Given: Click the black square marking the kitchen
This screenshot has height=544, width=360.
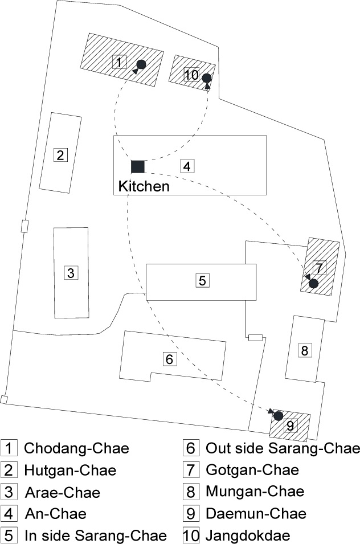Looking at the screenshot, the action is pyautogui.click(x=138, y=166).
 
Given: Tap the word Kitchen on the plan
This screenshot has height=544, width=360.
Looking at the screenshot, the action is pyautogui.click(x=144, y=186).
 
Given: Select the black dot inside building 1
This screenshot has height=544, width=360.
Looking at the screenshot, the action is pyautogui.click(x=141, y=64).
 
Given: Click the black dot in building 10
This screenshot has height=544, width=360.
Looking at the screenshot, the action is pyautogui.click(x=207, y=78).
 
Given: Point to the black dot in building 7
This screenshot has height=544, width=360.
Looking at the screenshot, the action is pyautogui.click(x=313, y=284).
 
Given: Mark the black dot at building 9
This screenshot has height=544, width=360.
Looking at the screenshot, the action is pyautogui.click(x=279, y=416).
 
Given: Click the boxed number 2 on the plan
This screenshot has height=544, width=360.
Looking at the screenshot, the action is pyautogui.click(x=60, y=155).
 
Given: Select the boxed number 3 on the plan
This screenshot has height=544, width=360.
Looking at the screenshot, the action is pyautogui.click(x=71, y=273).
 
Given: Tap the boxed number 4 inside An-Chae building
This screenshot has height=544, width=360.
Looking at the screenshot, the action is pyautogui.click(x=187, y=166).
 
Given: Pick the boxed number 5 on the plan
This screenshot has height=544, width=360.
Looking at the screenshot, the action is pyautogui.click(x=203, y=280).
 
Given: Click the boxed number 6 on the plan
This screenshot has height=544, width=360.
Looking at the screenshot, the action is pyautogui.click(x=170, y=359).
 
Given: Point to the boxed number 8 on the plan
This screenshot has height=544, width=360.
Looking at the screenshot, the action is pyautogui.click(x=305, y=350).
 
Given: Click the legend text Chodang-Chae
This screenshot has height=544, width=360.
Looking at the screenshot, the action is pyautogui.click(x=77, y=448).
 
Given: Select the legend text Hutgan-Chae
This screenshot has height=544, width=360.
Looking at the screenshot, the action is pyautogui.click(x=70, y=470).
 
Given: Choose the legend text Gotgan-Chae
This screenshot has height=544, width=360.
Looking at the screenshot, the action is pyautogui.click(x=252, y=470).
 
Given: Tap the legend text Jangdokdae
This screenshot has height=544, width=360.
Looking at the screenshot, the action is pyautogui.click(x=248, y=535).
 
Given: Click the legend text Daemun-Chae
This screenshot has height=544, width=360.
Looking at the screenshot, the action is pyautogui.click(x=256, y=513).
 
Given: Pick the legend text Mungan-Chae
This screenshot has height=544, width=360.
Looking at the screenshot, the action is pyautogui.click(x=255, y=491).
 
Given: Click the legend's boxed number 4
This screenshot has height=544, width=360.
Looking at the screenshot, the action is pyautogui.click(x=9, y=514).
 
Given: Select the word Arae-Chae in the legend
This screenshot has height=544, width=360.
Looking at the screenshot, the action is pyautogui.click(x=63, y=492).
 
